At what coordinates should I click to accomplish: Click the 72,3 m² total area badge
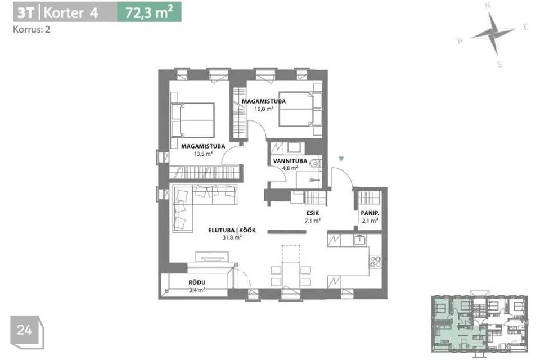(x=149, y=12)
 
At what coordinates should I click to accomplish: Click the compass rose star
(x=493, y=33)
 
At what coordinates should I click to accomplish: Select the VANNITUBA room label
(x=290, y=161)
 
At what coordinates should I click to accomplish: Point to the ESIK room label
(x=312, y=213)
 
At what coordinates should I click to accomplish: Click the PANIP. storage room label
(x=370, y=213)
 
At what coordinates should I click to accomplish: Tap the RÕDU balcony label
(x=197, y=282)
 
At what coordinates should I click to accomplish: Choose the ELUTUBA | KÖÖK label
(x=232, y=230)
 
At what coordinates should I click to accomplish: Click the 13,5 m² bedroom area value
(x=203, y=154)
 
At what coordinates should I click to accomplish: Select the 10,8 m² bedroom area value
(x=264, y=109)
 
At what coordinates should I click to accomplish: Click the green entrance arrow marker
(x=341, y=159)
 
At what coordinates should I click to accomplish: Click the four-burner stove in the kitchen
(x=375, y=262)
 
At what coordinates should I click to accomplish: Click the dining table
(x=291, y=275)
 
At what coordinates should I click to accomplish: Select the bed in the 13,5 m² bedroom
(x=193, y=120)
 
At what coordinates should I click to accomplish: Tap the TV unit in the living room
(x=212, y=257)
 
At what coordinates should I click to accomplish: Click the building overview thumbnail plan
(x=479, y=323)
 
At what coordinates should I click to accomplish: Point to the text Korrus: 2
(x=31, y=30)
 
